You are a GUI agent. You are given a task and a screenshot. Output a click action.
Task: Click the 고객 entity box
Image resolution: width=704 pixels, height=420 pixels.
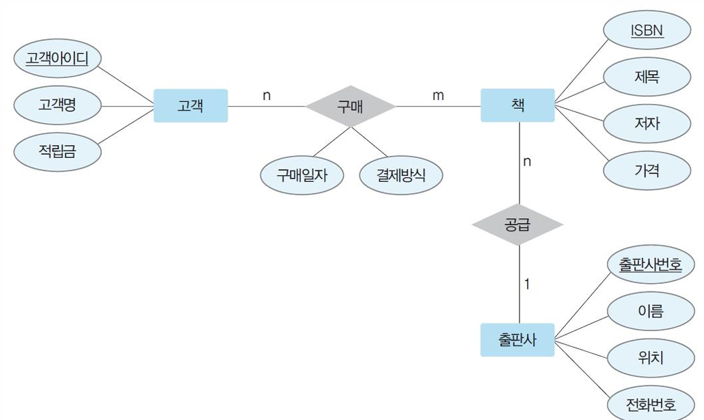coord(190,106)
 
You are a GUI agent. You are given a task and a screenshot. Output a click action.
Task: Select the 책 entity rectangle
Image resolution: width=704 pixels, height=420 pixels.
coord(517,105)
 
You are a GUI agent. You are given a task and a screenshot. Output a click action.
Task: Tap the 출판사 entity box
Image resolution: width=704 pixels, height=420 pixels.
coord(517,339)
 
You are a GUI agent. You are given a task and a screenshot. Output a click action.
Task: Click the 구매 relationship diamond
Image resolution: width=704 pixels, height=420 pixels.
coord(350,106)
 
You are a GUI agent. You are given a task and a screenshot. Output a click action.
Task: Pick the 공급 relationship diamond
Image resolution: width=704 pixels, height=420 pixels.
coord(517,224)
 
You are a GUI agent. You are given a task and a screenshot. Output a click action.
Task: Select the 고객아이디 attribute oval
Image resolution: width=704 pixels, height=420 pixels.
coord(57,59)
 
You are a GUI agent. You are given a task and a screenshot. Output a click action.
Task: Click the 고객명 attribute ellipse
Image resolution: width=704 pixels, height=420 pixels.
coord(57,105)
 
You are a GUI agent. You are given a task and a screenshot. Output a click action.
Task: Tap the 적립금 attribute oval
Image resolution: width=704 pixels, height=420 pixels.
coord(57,151)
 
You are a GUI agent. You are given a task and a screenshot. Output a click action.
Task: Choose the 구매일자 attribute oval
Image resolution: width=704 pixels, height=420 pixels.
coord(301,175)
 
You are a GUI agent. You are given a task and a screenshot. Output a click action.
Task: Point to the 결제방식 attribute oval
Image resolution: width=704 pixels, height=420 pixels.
coord(401,175)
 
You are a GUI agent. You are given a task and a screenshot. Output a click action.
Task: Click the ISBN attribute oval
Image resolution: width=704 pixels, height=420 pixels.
coord(647,31)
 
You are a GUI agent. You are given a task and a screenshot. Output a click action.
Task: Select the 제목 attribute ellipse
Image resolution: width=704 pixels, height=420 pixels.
coord(647,77)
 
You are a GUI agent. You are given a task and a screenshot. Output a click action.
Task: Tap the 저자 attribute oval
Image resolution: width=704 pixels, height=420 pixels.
coord(647,123)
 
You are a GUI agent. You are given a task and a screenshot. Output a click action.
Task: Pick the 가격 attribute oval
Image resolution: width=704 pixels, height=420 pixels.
coord(647,170)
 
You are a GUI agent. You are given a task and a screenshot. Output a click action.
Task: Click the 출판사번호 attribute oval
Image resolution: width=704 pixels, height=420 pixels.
coord(650,265)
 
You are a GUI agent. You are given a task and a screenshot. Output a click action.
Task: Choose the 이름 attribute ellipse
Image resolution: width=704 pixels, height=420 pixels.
coord(650,311)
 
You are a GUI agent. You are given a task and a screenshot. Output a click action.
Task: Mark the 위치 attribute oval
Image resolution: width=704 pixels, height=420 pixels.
coord(650,358)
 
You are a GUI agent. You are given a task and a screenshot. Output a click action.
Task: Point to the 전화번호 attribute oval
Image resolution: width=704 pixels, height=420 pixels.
coord(650,404)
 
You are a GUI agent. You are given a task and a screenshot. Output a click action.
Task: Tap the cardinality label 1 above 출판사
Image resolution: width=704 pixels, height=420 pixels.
coord(527,283)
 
